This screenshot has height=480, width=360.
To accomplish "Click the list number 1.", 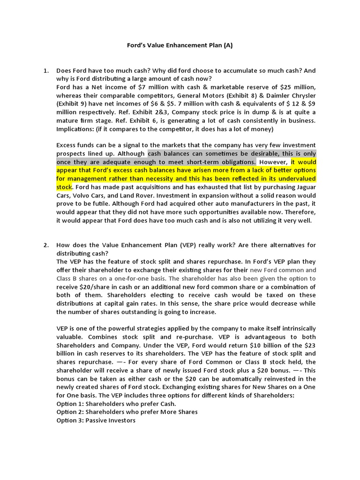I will click(x=46, y=71).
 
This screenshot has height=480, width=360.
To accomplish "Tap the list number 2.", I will click(x=46, y=245).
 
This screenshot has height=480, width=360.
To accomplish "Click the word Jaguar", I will click(x=304, y=187).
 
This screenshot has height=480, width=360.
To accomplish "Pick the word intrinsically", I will click(x=295, y=328).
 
